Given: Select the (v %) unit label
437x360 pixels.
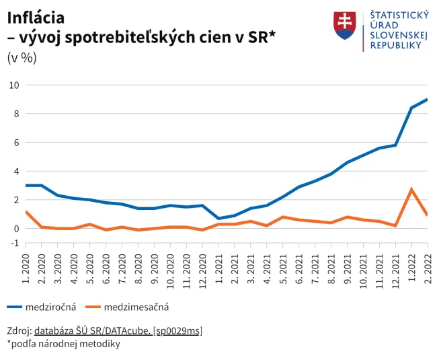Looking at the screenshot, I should click(x=22, y=57).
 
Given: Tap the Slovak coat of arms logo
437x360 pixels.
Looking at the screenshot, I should click(x=344, y=25).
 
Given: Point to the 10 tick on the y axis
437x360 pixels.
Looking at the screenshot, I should click(x=14, y=85).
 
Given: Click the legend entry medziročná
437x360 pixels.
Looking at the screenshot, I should click(x=50, y=307).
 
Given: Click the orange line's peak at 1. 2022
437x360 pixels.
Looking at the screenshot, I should click(x=411, y=190).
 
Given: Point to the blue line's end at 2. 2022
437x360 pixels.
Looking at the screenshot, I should click(x=427, y=100).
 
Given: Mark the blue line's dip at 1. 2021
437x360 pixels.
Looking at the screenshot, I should click(x=218, y=219).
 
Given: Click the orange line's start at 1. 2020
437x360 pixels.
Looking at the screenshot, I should click(x=26, y=212).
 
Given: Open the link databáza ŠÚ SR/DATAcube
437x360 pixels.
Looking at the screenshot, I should click(x=92, y=330).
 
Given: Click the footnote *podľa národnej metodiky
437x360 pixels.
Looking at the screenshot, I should click(x=63, y=344).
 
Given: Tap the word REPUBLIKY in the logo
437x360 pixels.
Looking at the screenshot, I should click(x=396, y=45).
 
